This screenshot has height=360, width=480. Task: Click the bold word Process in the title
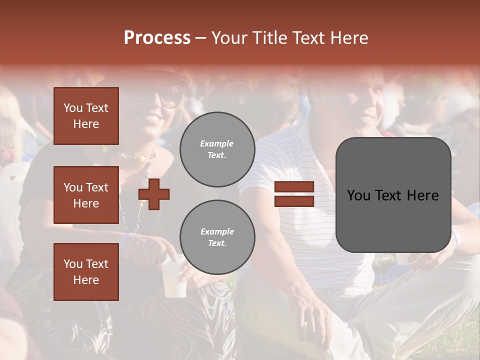pos(157,38)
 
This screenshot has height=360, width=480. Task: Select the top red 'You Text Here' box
pos(86,116)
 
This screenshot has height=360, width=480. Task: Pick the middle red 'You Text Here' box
pos(86,195)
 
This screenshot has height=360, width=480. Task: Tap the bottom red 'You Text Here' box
pos(86,272)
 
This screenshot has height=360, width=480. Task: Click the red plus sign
pos(154,194)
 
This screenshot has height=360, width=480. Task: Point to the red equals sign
pos(294,194)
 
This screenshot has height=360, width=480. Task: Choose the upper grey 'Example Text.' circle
pos(217,149)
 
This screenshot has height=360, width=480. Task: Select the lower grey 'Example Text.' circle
pos(217,237)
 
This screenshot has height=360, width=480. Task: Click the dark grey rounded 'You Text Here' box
pos(393,195)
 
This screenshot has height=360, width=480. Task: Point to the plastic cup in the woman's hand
pos(173,277)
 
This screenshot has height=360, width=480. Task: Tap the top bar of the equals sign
pos(294,187)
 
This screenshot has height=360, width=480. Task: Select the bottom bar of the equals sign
pos(294,201)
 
